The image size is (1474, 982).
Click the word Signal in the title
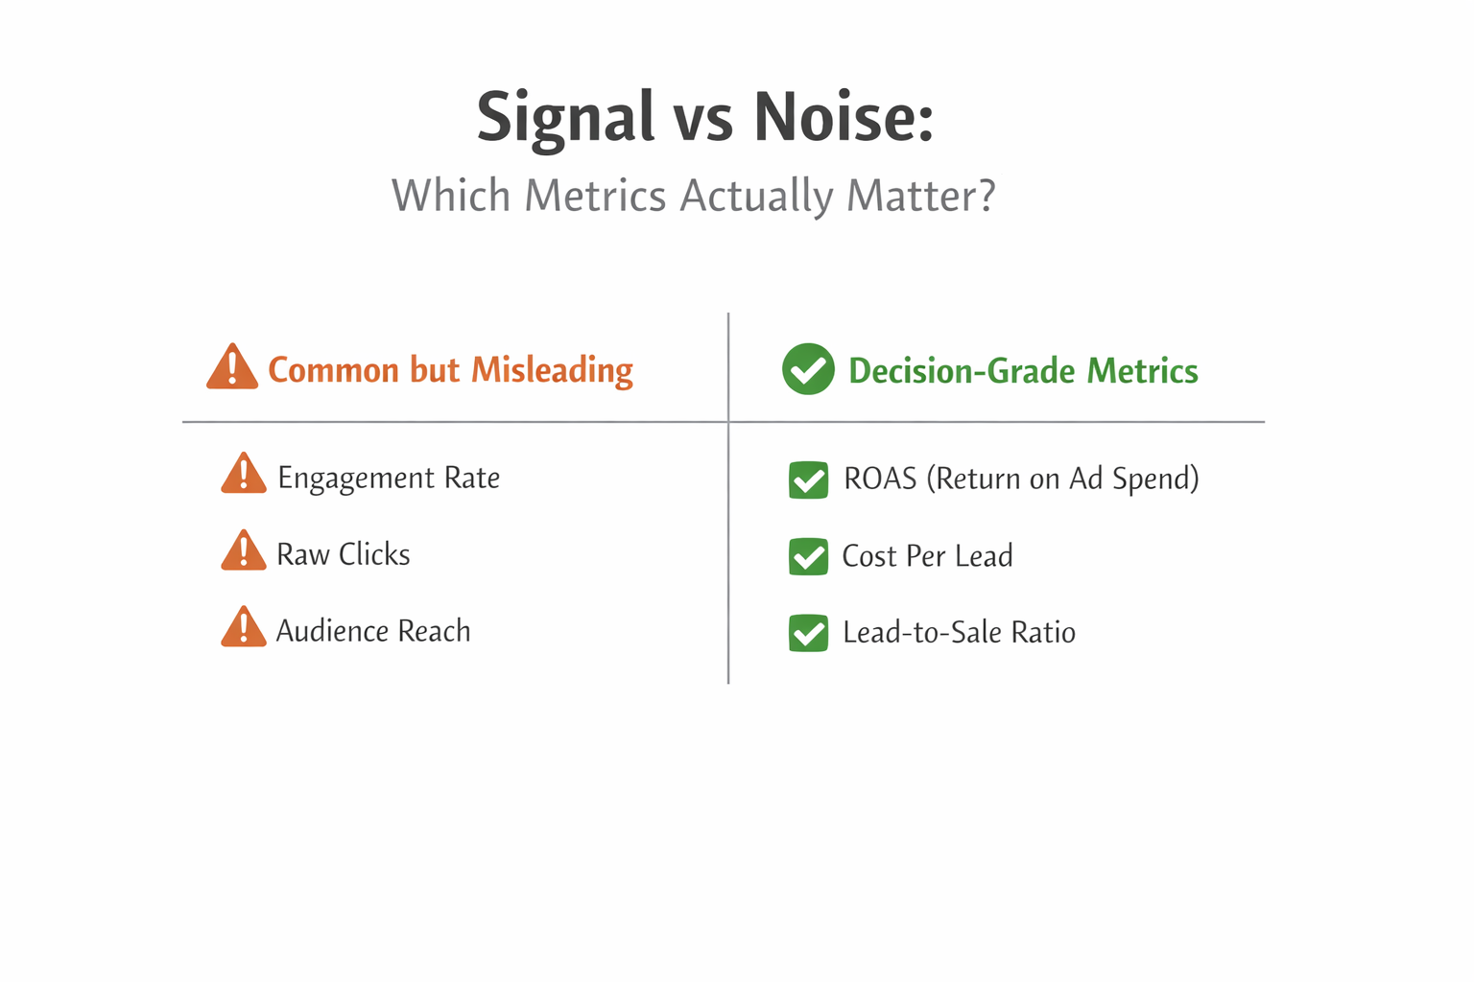(565, 117)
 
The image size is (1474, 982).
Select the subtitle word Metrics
(595, 196)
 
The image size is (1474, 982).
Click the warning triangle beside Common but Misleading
(232, 367)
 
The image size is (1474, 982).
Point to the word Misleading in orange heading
(552, 370)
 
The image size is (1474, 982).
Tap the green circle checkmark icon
(808, 369)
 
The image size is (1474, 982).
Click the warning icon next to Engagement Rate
(244, 475)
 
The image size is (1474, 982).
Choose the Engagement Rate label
(389, 479)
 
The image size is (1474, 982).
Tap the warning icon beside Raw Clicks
(244, 551)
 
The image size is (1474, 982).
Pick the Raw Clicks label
(343, 554)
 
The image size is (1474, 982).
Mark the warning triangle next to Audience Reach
(244, 628)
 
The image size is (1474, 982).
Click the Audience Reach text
(373, 631)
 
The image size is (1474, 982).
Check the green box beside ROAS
(808, 479)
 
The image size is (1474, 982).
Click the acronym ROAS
(880, 479)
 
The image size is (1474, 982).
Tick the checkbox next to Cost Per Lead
(808, 556)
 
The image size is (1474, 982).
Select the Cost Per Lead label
(927, 556)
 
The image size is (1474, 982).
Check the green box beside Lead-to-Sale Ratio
(808, 633)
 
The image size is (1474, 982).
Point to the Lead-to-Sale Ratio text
(959, 633)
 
